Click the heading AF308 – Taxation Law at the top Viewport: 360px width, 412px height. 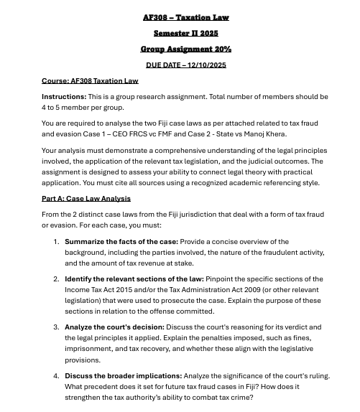(185, 17)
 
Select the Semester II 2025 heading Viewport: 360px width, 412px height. (185, 33)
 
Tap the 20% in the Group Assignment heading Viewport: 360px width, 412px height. (221, 49)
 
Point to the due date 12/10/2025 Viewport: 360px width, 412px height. (206, 65)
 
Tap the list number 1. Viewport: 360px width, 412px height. (56, 242)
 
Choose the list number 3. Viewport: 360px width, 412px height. (56, 327)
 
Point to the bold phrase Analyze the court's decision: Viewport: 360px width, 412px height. (119, 327)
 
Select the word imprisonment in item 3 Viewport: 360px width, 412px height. (89, 349)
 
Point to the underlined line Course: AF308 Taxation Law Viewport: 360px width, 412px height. (90, 80)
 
